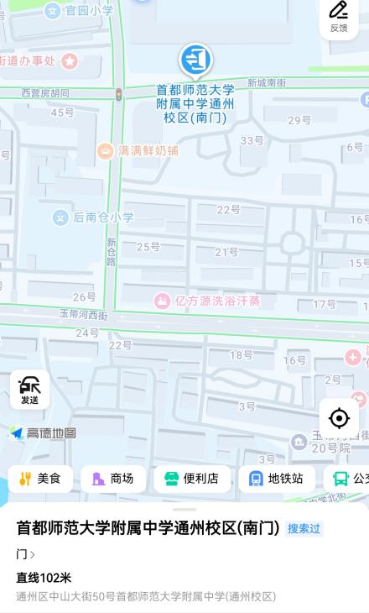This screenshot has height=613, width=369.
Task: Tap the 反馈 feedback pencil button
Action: click(338, 17)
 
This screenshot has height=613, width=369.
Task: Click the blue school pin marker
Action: click(195, 60)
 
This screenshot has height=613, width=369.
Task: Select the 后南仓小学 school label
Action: click(94, 217)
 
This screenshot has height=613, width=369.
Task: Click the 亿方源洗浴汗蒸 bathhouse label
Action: click(208, 301)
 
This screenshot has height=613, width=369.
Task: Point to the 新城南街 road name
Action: click(267, 83)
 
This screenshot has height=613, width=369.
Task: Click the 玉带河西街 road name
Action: click(83, 315)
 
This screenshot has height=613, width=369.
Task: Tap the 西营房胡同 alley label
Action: click(45, 93)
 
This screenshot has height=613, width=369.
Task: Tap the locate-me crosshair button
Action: click(339, 417)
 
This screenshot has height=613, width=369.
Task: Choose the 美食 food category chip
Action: click(40, 479)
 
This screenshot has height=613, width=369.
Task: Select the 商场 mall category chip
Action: click(113, 479)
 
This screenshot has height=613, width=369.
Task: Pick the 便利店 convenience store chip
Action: click(192, 479)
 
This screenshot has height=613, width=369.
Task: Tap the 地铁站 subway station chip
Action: click(277, 479)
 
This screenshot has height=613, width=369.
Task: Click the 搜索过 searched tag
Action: click(304, 528)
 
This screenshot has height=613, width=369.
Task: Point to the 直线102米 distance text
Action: click(44, 578)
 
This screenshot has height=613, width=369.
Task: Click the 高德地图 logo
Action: click(44, 433)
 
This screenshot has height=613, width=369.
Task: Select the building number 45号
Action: click(62, 113)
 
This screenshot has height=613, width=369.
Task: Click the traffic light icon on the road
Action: click(119, 93)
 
